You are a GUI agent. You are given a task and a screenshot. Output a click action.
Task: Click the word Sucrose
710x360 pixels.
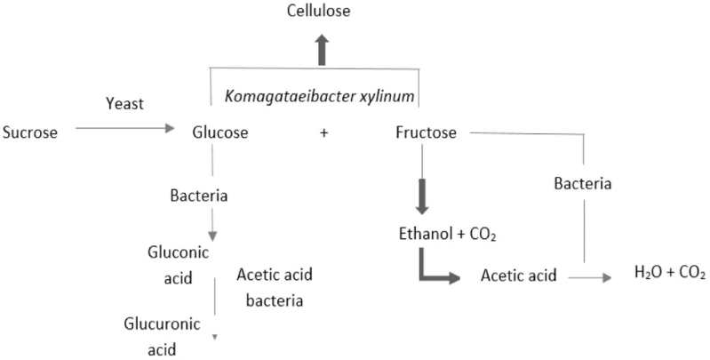30,133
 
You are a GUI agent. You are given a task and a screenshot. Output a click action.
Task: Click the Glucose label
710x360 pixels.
219,133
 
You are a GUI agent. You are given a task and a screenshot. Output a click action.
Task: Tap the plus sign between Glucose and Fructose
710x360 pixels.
323,133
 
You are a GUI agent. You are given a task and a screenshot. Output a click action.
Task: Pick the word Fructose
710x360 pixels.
426,133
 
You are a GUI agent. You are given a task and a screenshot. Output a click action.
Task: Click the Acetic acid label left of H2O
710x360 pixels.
519,276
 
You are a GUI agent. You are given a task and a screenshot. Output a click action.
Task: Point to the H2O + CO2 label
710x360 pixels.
668,274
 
